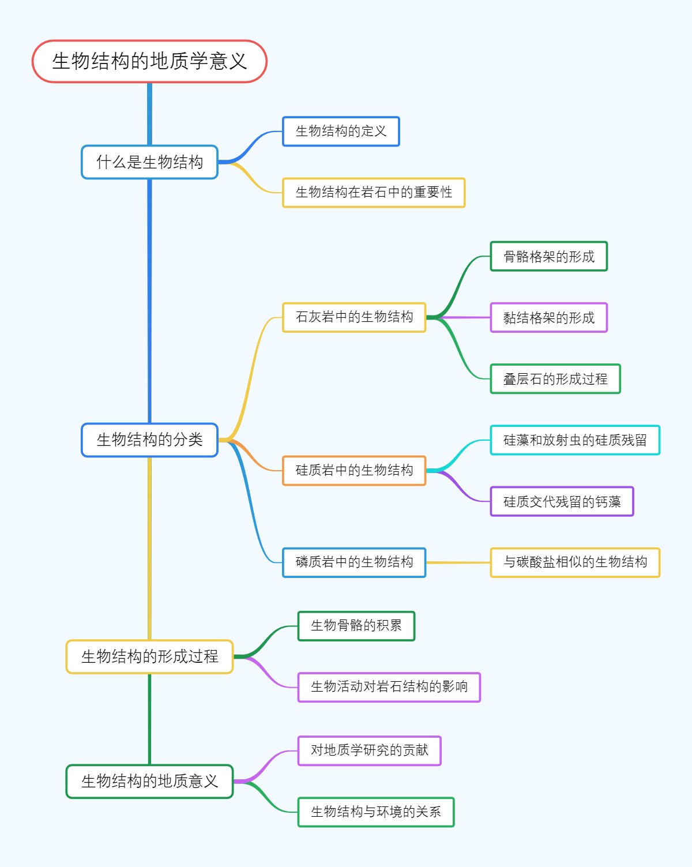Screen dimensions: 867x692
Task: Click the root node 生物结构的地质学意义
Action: point(149,61)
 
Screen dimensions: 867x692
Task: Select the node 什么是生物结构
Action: point(149,162)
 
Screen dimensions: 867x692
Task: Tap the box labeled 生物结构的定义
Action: point(341,132)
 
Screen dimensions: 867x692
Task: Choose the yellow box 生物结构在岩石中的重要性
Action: point(374,193)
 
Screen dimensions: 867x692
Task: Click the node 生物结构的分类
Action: point(149,440)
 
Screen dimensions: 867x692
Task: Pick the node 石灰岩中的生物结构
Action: point(354,317)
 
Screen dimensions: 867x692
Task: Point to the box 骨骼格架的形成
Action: point(548,257)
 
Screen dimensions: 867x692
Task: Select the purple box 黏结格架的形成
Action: point(548,318)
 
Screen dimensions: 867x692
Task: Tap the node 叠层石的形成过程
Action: point(555,379)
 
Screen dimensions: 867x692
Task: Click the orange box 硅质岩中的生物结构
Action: point(354,471)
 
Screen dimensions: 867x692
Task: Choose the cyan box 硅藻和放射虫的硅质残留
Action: point(575,440)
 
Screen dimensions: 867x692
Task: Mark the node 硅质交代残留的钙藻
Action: point(562,502)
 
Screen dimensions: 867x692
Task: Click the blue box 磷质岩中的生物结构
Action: point(354,562)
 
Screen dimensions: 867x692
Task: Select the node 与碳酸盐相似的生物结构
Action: point(575,562)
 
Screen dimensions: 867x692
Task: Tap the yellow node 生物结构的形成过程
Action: point(149,656)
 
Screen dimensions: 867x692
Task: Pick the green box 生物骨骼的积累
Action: point(356,626)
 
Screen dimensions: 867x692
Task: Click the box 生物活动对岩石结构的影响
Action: point(389,687)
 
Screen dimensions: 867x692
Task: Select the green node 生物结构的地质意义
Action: point(149,782)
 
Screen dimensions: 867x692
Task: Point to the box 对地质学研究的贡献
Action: point(369,750)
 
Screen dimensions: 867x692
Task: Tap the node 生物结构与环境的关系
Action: point(375,812)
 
